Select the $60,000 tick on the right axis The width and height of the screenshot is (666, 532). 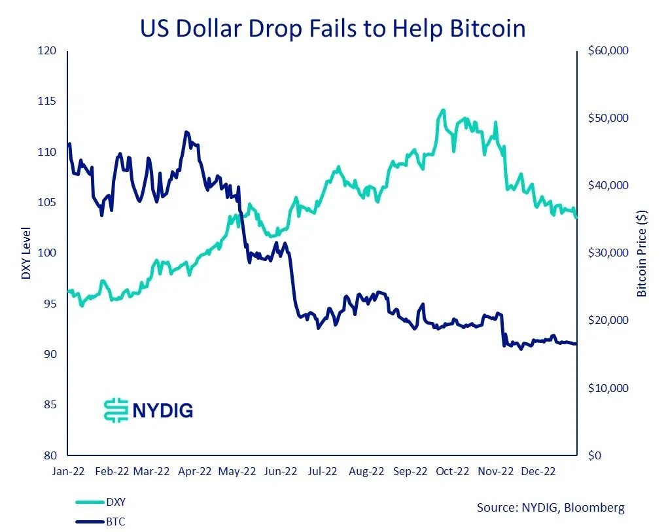pyautogui.click(x=608, y=51)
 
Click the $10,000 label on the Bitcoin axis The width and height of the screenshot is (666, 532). pyautogui.click(x=608, y=388)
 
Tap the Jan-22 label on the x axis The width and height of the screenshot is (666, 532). pyautogui.click(x=67, y=470)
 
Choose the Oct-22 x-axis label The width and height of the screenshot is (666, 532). pyautogui.click(x=453, y=470)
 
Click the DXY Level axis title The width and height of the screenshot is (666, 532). pyautogui.click(x=26, y=253)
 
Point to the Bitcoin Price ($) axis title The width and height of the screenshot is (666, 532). pyautogui.click(x=642, y=253)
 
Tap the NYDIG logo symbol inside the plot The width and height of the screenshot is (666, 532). pyautogui.click(x=116, y=410)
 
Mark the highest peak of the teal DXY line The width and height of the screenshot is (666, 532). pyautogui.click(x=443, y=110)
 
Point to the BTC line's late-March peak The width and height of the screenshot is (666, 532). pyautogui.click(x=186, y=132)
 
